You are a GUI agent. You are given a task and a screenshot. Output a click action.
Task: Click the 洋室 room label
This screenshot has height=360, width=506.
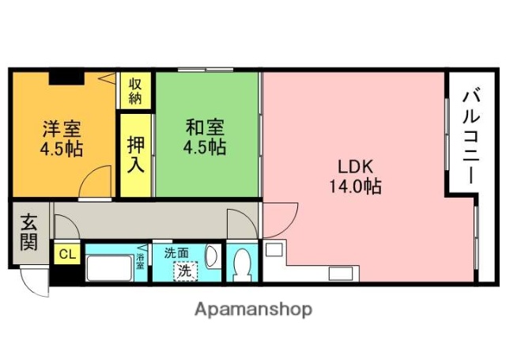coord(60,127)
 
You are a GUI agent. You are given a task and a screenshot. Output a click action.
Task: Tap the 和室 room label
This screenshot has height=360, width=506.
coord(205,127)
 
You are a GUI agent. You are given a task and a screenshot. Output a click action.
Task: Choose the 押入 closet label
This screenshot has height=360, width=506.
coord(136,156)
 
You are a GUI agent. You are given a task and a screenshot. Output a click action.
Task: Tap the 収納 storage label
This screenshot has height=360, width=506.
coord(136,89)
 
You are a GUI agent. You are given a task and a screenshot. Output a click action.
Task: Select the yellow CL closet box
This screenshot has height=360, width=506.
coord(66,254)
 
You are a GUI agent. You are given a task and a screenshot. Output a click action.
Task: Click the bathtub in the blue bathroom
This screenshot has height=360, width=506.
coord(108,268)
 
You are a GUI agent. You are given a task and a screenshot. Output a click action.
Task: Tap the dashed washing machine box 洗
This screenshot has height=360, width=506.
coord(185,269)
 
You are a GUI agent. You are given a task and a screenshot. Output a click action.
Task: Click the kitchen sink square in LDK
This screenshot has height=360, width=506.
coord(274,250)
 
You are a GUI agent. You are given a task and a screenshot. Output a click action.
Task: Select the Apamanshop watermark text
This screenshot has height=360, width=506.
coord(253,309)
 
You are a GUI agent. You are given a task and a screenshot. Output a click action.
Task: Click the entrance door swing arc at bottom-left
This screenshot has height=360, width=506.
coord(33,279)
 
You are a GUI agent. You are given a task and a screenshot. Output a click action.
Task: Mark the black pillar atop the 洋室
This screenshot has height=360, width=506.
coord(64,77)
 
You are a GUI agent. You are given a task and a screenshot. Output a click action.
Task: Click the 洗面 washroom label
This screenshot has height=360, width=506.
coord(176,253)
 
